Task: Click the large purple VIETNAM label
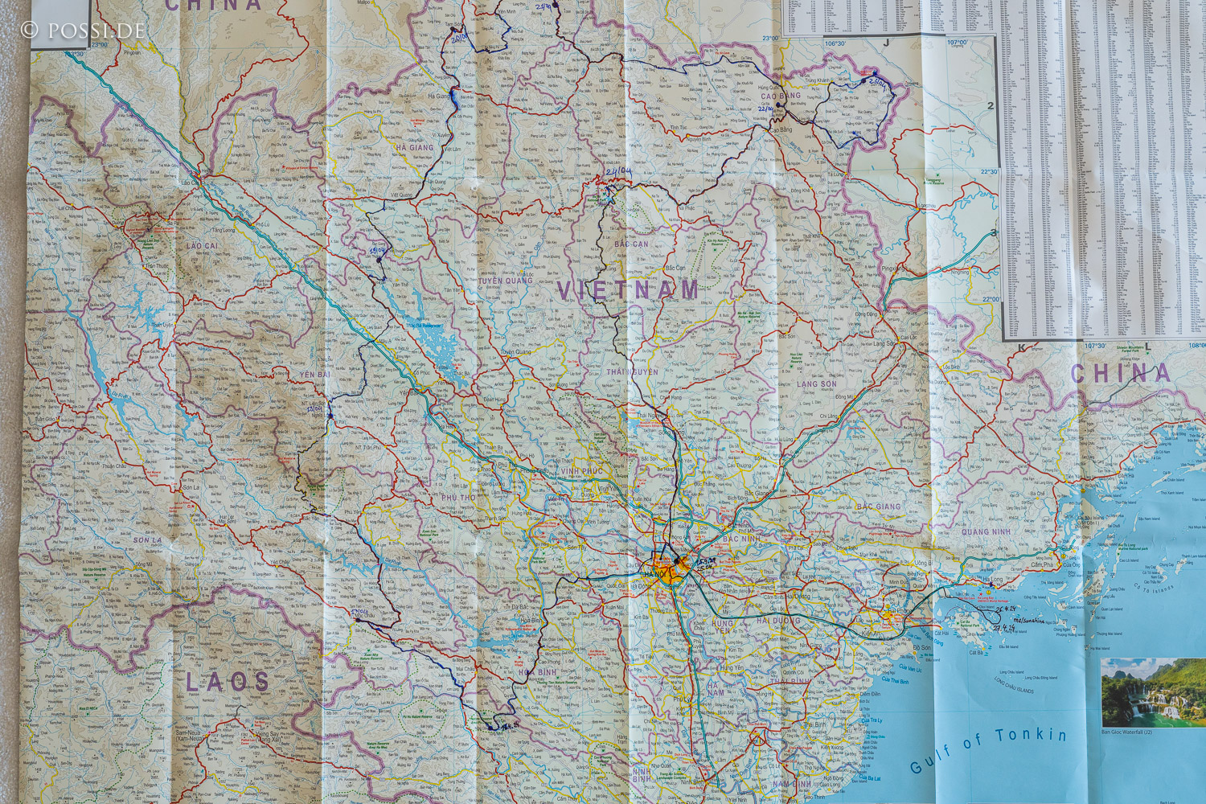tap(628, 290)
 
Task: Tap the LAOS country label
tap(228, 683)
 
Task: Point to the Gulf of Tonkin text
tap(988, 748)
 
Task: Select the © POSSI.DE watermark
tap(83, 31)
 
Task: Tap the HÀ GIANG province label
tap(415, 148)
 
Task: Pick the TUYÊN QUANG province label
tap(507, 281)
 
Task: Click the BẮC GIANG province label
tap(879, 507)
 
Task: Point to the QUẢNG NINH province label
tap(986, 531)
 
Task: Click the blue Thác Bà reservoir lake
tap(434, 346)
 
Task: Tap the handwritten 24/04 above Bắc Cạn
tap(619, 172)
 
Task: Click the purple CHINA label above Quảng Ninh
tap(1120, 373)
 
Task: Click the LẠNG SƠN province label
tap(817, 384)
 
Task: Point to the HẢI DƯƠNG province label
tap(778, 621)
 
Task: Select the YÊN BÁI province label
tap(315, 375)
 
